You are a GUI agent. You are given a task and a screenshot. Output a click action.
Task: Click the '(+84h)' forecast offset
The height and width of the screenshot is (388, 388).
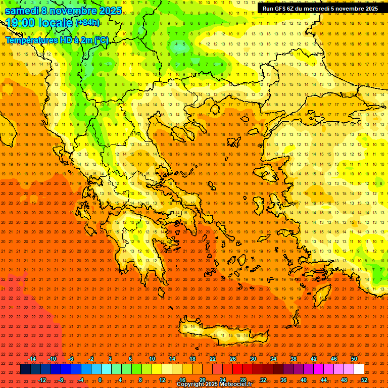click(x=87, y=23)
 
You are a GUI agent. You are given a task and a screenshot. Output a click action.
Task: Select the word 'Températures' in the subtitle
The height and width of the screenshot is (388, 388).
click(x=33, y=40)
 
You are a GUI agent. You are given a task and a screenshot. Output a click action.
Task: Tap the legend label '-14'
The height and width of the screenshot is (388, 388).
click(x=32, y=359)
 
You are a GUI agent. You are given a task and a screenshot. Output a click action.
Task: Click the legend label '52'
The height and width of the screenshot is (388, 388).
click(x=364, y=380)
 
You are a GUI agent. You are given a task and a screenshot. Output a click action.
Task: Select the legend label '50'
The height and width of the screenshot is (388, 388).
click(x=354, y=359)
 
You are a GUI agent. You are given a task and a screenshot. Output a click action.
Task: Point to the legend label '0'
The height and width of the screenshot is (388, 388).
click(x=100, y=380)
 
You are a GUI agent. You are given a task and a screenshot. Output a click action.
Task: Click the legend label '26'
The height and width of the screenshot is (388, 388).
click(x=233, y=359)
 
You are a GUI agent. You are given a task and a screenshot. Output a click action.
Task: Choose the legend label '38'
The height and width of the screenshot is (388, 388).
click(x=294, y=359)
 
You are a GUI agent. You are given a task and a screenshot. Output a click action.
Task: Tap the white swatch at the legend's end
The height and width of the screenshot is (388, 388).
click(x=359, y=369)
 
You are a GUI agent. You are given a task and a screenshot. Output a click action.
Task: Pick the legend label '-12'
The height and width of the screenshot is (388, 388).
click(x=42, y=380)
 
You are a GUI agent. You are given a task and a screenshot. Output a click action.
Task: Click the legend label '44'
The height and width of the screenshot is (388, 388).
click(x=324, y=380)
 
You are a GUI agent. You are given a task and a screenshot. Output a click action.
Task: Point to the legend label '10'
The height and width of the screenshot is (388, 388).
click(x=152, y=359)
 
